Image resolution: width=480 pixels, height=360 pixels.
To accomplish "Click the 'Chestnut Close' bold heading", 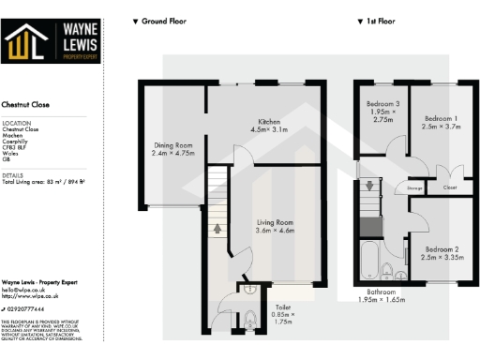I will [25, 105].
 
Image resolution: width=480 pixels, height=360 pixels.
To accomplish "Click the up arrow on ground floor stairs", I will [218, 226].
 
